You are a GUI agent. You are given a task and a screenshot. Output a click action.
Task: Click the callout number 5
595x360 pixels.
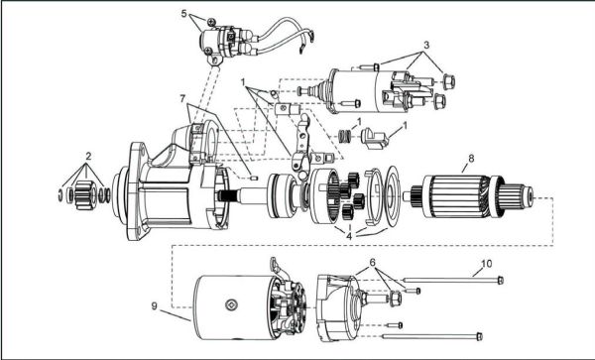point(184,14)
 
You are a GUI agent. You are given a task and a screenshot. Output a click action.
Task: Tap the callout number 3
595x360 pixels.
point(426,45)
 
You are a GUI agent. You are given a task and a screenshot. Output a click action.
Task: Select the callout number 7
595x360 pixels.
point(182,98)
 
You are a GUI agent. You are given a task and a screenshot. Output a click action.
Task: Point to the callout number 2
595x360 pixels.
point(88,156)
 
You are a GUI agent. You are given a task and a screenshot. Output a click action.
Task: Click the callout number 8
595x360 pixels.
point(471,159)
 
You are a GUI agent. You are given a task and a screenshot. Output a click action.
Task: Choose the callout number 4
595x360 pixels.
point(349,236)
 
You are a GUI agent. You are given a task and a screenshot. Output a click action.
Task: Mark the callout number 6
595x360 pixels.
point(372,262)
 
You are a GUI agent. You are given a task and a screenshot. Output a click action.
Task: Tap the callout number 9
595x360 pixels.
point(154,305)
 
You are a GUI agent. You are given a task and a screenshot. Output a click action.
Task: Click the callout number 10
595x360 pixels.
point(487,263)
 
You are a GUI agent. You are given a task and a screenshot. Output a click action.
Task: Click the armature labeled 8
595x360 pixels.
point(472,196)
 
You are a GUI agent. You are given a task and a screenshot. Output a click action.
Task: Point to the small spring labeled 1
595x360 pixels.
point(344,136)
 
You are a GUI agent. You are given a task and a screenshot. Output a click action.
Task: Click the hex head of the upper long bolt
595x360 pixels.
point(501,281)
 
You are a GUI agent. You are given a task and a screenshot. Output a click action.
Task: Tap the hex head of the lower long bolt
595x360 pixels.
point(479,336)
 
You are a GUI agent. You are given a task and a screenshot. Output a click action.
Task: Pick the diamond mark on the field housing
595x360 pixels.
point(231,304)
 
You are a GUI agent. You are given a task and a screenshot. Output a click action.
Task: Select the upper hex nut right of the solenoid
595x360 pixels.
point(448,81)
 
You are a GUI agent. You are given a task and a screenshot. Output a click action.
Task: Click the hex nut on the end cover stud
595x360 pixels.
point(395,299)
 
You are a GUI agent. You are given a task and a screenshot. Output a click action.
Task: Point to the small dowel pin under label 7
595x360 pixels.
point(254,178)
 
